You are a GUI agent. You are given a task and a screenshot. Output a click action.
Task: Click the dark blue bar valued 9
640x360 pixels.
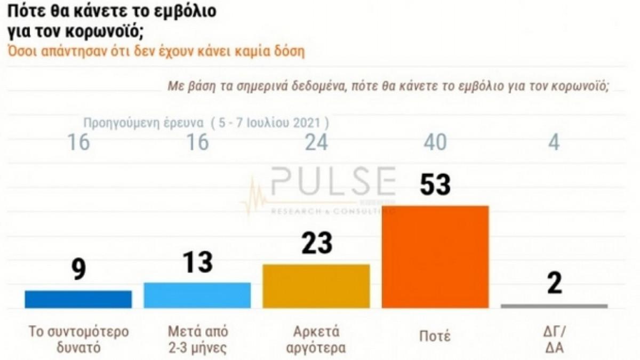tap(78, 299)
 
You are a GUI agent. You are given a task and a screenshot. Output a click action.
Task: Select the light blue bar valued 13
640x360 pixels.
tap(198, 295)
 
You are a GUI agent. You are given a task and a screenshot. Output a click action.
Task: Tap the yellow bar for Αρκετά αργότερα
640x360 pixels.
tap(317, 286)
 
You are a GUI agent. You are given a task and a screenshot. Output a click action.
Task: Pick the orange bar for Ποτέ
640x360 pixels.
tap(436, 257)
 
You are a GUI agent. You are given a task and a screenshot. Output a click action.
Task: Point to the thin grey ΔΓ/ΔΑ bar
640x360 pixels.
tap(554, 306)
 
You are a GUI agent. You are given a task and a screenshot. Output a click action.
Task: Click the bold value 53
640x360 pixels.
tap(436, 185)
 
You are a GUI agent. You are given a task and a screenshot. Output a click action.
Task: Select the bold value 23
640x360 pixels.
tap(317, 243)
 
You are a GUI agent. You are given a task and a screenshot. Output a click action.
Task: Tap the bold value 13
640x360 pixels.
tap(198, 262)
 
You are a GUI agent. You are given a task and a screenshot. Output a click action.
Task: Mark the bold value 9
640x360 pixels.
tap(79, 270)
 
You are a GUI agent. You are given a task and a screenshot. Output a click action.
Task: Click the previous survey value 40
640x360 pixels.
tap(436, 142)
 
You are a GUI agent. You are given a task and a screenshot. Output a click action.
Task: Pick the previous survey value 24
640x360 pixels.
tap(317, 142)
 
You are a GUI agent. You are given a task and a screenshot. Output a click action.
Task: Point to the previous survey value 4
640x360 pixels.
tap(555, 142)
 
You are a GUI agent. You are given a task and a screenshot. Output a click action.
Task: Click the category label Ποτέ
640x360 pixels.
tap(436, 337)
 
